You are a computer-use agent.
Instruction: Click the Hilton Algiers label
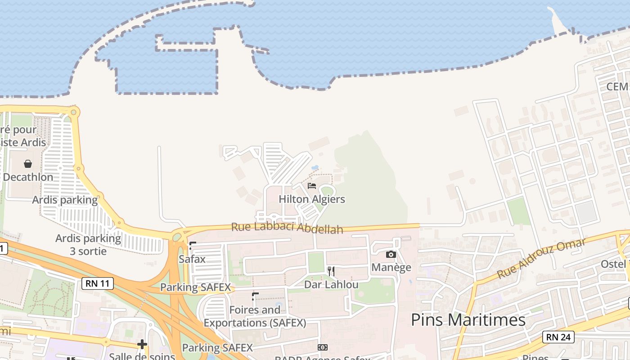point(312,199)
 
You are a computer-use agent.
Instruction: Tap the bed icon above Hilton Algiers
point(312,185)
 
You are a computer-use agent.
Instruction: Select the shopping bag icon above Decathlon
point(28,164)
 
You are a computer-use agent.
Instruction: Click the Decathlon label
point(28,177)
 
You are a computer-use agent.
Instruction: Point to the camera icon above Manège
point(391,255)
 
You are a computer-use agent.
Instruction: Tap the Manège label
point(391,267)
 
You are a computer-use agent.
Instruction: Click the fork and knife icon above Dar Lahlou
point(331,271)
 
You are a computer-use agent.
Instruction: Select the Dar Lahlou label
point(331,284)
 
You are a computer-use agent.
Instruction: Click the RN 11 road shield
point(98,283)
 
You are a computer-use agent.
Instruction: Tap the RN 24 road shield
point(558,337)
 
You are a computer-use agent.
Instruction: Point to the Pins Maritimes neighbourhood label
point(468,320)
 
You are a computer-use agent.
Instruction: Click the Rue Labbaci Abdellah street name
point(287,227)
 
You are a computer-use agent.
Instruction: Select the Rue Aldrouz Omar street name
point(541,258)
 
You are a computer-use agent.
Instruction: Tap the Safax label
point(192,259)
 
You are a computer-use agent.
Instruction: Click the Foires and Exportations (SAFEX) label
point(255,316)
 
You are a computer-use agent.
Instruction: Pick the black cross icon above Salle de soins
point(142,345)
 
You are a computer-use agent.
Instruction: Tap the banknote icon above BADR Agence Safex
point(322,347)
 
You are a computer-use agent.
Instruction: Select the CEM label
point(617,86)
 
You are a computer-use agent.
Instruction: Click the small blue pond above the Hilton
point(315,168)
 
